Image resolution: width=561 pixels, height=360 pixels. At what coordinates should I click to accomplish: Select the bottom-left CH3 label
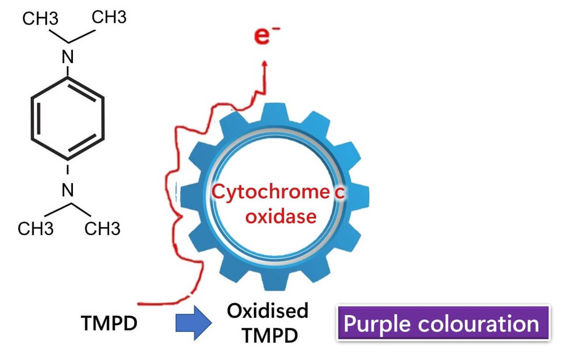pos(36,230)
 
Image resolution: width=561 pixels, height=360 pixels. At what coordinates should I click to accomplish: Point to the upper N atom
pos(69,58)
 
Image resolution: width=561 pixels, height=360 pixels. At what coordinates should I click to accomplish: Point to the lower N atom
pos(69,191)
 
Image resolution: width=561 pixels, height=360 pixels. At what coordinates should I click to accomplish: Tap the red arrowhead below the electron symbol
pos(265,65)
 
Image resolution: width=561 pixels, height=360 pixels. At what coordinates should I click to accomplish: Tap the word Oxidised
pos(268,310)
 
